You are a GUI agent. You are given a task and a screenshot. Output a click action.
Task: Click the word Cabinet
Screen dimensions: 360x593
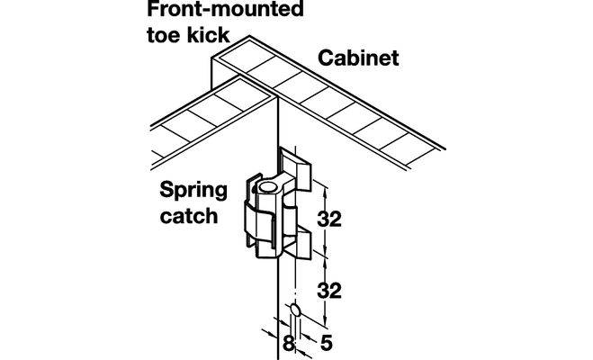[358, 61]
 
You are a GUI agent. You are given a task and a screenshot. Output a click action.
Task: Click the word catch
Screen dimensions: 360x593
[189, 216]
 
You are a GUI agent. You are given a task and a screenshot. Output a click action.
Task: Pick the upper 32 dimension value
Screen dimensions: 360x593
[331, 219]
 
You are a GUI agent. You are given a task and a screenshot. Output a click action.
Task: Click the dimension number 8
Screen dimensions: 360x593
[288, 343]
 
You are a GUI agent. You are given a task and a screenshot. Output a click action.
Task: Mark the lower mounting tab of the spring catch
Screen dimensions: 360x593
[301, 243]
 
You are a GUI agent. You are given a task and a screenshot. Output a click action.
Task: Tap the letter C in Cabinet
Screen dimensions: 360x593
[326, 61]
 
